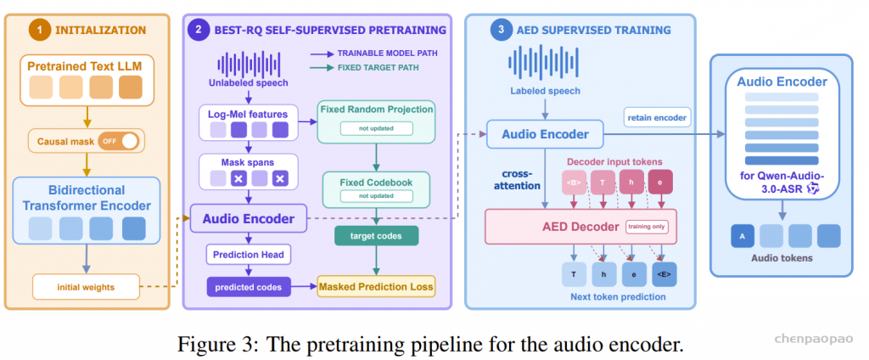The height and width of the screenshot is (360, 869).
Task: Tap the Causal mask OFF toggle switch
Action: click(x=118, y=141)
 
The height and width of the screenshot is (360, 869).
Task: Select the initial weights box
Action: click(x=85, y=287)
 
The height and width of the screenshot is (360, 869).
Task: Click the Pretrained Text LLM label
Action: click(x=86, y=68)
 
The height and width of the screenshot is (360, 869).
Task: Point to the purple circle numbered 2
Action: click(x=198, y=30)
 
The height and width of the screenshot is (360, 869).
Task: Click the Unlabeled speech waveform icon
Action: click(x=249, y=65)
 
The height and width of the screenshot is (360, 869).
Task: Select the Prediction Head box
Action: click(x=249, y=255)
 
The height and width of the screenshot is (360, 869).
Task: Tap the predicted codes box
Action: click(x=249, y=287)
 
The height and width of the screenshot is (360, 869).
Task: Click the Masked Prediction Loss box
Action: click(x=376, y=287)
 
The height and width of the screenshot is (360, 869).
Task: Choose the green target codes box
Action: click(x=376, y=236)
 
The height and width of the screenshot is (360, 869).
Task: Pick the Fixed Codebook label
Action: click(x=376, y=182)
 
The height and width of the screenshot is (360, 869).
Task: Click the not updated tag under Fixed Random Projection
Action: click(x=376, y=128)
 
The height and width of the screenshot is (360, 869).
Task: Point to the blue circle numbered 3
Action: click(x=501, y=30)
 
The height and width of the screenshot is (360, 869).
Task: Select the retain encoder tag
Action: click(x=657, y=117)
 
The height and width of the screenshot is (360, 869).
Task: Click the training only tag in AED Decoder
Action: click(x=647, y=227)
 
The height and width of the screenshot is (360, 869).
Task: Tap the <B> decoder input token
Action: click(x=574, y=182)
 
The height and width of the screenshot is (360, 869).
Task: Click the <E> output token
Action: click(x=664, y=274)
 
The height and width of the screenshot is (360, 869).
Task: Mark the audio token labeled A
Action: click(x=743, y=236)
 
